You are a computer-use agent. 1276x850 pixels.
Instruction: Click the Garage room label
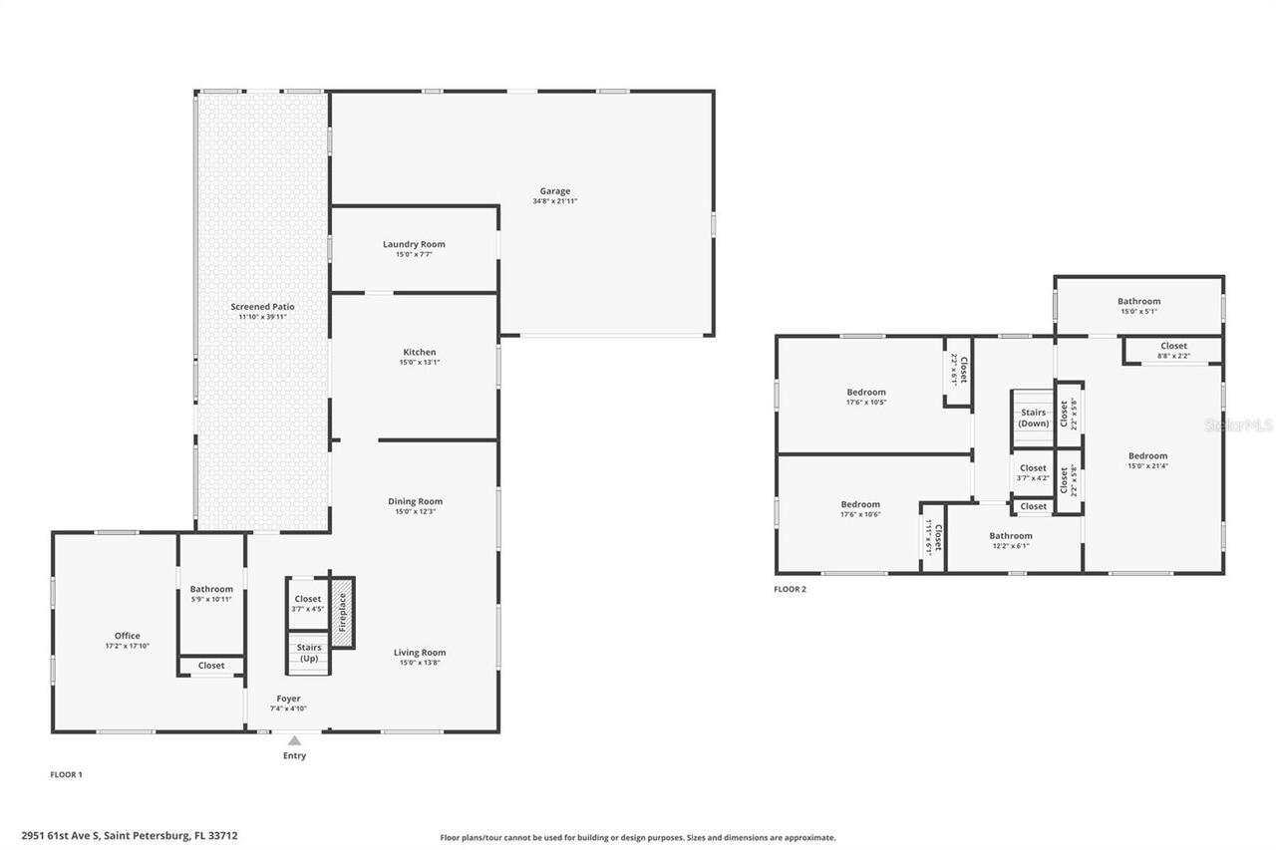(x=555, y=191)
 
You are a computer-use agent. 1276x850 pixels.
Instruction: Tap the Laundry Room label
(x=414, y=244)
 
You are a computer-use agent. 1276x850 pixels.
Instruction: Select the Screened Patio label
(x=262, y=307)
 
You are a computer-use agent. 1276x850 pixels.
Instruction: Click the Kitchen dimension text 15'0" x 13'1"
(x=419, y=363)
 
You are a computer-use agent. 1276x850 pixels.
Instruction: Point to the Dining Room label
(x=415, y=501)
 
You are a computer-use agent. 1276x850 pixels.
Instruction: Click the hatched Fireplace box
(x=342, y=612)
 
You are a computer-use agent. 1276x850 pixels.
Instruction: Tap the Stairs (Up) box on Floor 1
(x=309, y=653)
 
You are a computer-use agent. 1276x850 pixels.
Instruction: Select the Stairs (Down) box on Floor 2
(x=1033, y=418)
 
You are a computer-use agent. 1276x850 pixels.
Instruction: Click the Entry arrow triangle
(x=294, y=740)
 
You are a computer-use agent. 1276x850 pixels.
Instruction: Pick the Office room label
(x=127, y=636)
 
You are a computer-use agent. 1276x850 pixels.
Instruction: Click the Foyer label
(x=287, y=699)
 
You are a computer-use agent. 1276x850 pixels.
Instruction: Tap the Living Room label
(x=420, y=653)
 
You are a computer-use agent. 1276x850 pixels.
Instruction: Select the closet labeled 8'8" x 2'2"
(x=1173, y=350)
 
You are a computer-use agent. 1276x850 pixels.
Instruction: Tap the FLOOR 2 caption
(x=790, y=589)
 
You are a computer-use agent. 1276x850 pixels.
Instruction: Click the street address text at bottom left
(x=130, y=836)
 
